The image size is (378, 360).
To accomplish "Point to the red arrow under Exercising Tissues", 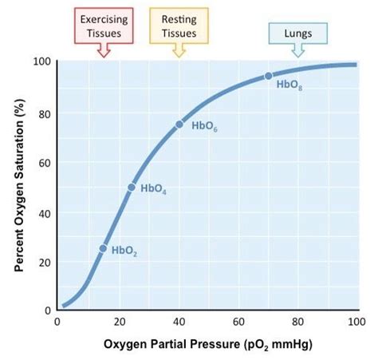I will click(102, 49).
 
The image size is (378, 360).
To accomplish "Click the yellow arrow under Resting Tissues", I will click(179, 49).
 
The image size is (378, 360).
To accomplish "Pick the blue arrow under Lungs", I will click(297, 49).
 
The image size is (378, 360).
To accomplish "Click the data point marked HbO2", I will click(102, 248).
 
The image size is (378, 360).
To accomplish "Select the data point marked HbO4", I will click(132, 187).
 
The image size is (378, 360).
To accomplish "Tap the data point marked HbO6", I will click(179, 124).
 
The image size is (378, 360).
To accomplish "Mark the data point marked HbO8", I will click(268, 76).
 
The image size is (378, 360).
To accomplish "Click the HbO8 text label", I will click(289, 85).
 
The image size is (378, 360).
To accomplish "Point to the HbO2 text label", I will click(124, 251).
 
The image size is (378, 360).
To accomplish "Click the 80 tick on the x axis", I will click(297, 322).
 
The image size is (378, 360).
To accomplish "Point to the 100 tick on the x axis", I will click(356, 322).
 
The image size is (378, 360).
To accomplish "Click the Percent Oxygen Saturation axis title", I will click(17, 186).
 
